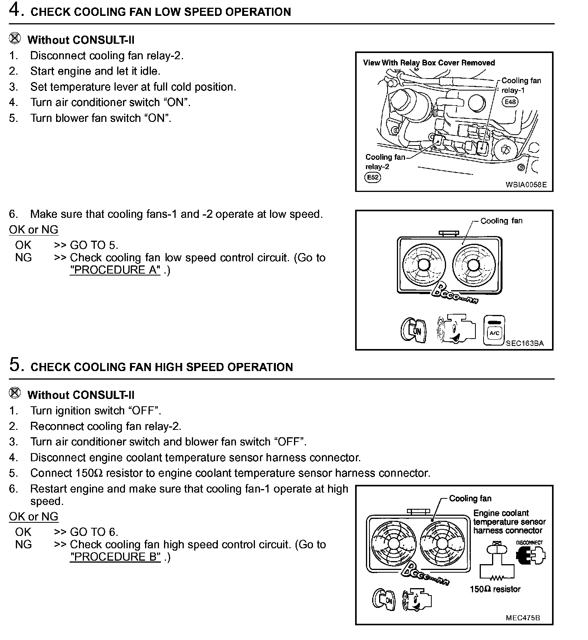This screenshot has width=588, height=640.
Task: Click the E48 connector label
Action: (510, 102)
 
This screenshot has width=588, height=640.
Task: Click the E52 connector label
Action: (373, 177)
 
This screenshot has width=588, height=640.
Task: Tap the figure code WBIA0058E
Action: (526, 185)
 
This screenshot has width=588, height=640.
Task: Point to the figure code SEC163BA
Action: (525, 343)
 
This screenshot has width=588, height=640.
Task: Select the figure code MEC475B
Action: (523, 618)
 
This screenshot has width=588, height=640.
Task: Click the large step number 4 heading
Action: (14, 10)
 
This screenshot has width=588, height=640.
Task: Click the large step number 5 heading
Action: (14, 365)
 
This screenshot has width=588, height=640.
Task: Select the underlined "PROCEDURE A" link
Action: (115, 270)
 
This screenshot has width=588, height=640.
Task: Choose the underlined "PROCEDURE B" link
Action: (115, 557)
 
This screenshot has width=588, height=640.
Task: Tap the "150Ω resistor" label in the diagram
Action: (495, 589)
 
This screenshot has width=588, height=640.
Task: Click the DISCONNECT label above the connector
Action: (529, 542)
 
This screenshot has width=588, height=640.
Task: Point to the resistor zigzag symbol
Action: (497, 578)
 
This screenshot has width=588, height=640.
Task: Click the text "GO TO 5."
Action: (94, 245)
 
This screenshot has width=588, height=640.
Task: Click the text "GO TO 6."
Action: (94, 532)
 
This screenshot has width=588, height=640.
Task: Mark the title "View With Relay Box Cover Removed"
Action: (429, 63)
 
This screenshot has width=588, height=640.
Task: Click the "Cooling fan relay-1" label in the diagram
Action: (521, 85)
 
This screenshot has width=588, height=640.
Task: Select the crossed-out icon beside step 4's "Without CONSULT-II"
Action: (15, 39)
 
